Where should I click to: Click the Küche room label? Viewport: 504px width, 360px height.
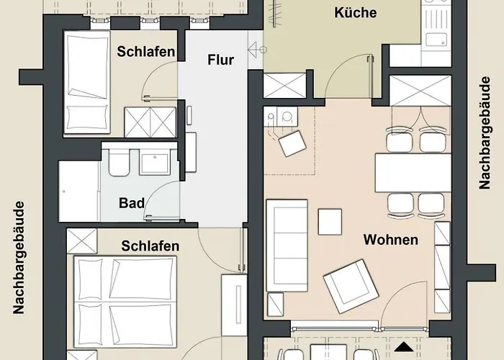pos(356,12)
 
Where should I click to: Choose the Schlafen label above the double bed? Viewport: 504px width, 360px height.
pos(150,246)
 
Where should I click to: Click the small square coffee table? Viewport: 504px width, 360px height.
pos(331,222)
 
